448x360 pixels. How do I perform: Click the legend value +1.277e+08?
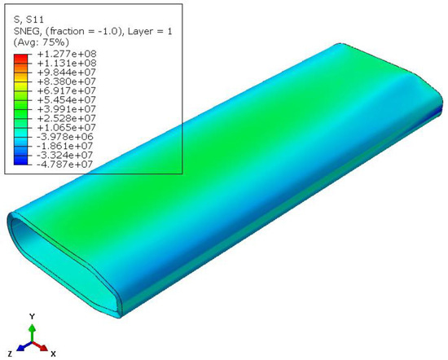pyautogui.click(x=67, y=54)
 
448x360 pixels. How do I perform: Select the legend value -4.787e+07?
pyautogui.click(x=65, y=164)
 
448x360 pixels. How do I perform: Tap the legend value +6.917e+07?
pyautogui.click(x=67, y=90)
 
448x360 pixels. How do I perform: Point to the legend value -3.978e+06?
pyautogui.click(x=65, y=137)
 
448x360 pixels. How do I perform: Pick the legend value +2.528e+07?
pyautogui.click(x=67, y=118)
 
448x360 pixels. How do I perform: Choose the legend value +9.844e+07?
pyautogui.click(x=67, y=72)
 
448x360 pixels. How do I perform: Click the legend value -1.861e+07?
pyautogui.click(x=65, y=146)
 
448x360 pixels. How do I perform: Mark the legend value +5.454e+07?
pyautogui.click(x=67, y=99)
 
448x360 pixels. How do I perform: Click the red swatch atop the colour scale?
pyautogui.click(x=21, y=59)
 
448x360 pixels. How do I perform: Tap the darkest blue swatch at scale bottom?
pyautogui.click(x=21, y=160)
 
